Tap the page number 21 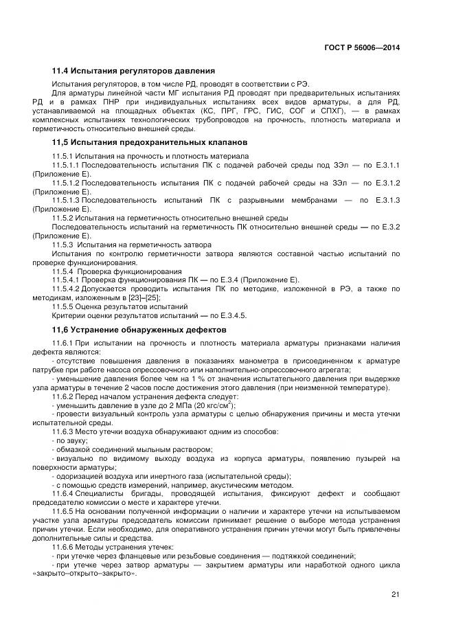(395, 594)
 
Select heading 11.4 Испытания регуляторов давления (134, 71)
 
